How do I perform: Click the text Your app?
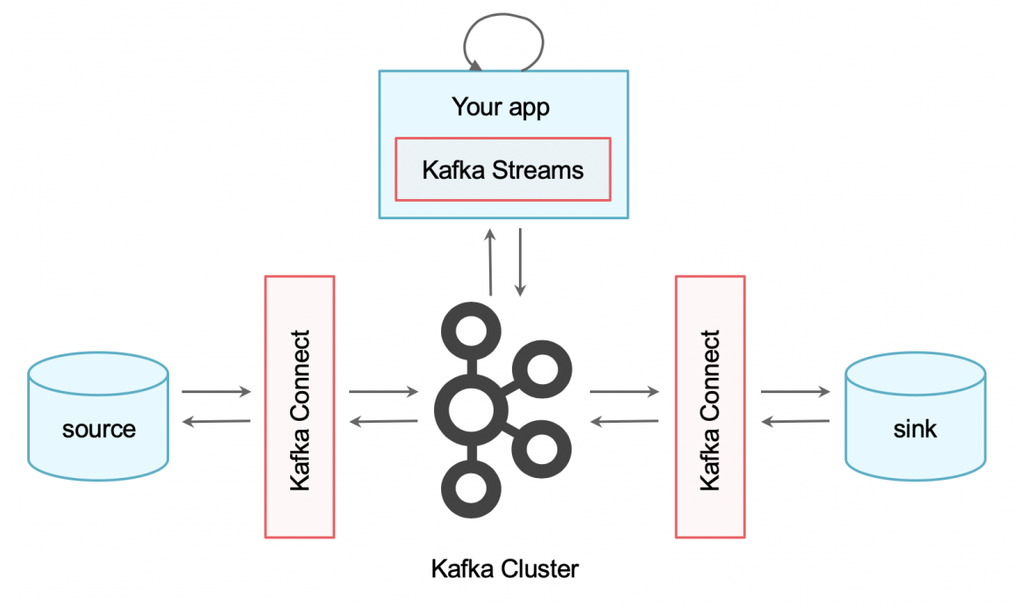(x=501, y=107)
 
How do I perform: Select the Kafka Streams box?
(x=502, y=169)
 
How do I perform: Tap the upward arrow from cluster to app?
(x=490, y=262)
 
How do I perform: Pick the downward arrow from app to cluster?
(x=521, y=262)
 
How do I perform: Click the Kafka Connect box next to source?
(x=300, y=407)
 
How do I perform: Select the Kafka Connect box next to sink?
(x=709, y=407)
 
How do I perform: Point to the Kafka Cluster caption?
(x=505, y=568)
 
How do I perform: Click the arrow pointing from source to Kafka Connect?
(x=217, y=392)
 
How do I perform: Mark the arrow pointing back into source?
(x=216, y=423)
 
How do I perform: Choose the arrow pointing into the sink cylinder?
(x=795, y=392)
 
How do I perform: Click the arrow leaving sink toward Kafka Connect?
(x=795, y=423)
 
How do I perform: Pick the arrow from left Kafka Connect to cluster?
(x=383, y=392)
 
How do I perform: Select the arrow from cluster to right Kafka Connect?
(x=624, y=392)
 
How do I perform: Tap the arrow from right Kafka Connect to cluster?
(x=624, y=423)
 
